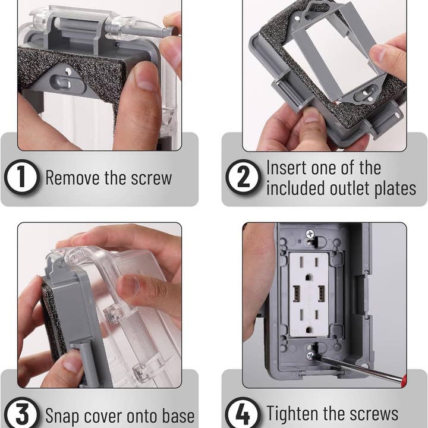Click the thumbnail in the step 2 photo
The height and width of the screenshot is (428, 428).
coord(311,115)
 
